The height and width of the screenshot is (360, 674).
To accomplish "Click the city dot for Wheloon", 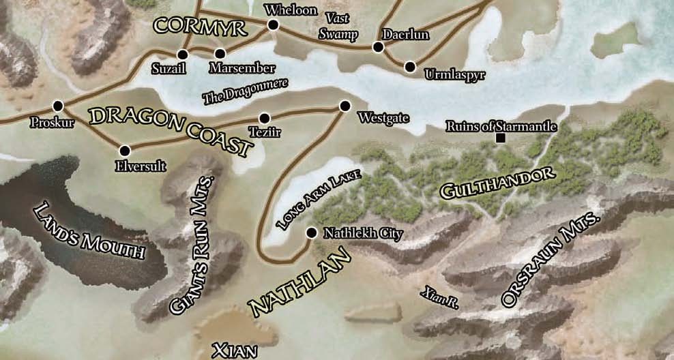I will [274, 25].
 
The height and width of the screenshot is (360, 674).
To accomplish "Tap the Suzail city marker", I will [183, 55].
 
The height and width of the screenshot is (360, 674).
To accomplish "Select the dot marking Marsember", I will [220, 53].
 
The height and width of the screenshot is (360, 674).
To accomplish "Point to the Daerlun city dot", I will [377, 47].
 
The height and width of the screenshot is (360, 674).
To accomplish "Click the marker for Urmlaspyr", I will [410, 67].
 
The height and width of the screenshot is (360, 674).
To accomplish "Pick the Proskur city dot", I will [58, 106].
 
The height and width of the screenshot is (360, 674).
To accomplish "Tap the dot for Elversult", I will [124, 151].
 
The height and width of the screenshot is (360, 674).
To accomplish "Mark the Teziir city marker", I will [265, 118].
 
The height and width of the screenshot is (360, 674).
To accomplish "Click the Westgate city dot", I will [345, 106].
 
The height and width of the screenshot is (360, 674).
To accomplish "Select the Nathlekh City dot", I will [311, 233].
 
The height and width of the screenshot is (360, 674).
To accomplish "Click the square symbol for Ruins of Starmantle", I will [501, 138].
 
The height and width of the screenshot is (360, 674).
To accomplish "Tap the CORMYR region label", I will [190, 26].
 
